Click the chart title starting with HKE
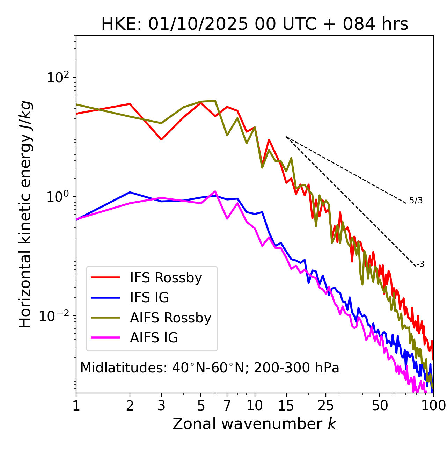[x=255, y=24]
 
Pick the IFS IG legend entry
[x=149, y=298]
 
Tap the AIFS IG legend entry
[x=154, y=338]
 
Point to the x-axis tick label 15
[x=286, y=406]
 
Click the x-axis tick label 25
[x=326, y=406]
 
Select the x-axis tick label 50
[x=380, y=406]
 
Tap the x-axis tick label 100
[x=433, y=406]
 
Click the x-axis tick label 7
[x=227, y=406]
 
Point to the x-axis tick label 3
[x=161, y=406]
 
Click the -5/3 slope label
[x=415, y=201]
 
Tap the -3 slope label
[x=420, y=264]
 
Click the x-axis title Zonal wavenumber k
[x=255, y=424]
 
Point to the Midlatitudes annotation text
[x=210, y=368]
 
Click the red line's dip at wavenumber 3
[x=161, y=139]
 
